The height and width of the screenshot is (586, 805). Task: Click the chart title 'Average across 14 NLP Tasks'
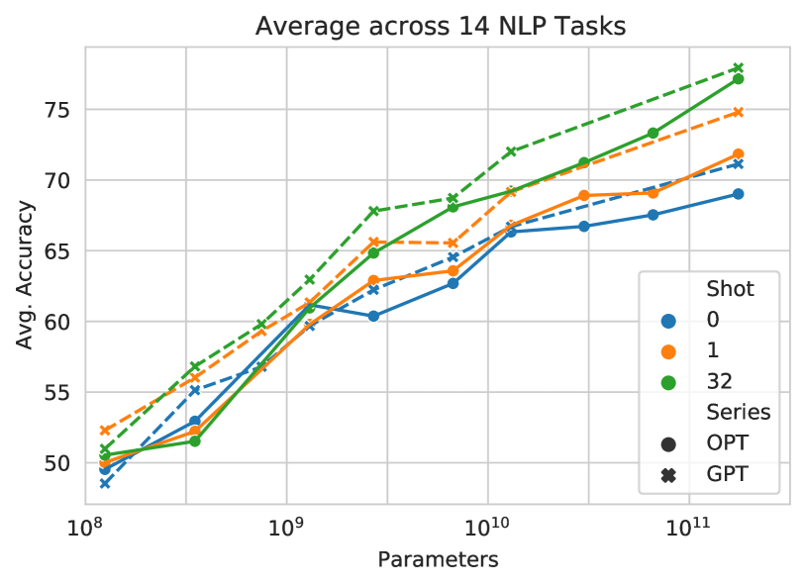(x=441, y=27)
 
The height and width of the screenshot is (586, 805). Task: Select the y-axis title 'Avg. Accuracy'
(x=26, y=275)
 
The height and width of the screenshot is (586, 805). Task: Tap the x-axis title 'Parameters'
(x=438, y=560)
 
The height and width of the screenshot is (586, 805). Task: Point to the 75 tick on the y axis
(x=59, y=110)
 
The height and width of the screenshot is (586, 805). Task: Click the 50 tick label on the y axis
(x=59, y=463)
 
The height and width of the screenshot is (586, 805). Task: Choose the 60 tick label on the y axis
(x=59, y=322)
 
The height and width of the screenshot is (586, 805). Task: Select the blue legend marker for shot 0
(x=668, y=321)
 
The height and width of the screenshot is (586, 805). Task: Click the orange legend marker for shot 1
(x=668, y=350)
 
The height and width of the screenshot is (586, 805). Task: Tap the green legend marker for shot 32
(x=668, y=381)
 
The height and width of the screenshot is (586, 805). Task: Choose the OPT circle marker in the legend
(x=668, y=443)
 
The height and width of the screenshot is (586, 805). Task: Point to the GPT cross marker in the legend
(x=668, y=475)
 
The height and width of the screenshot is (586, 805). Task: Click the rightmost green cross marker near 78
(x=738, y=67)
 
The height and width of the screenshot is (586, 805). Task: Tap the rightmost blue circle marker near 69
(x=738, y=193)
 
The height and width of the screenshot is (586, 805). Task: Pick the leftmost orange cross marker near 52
(x=105, y=431)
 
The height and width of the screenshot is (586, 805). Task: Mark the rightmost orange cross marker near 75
(x=738, y=113)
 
